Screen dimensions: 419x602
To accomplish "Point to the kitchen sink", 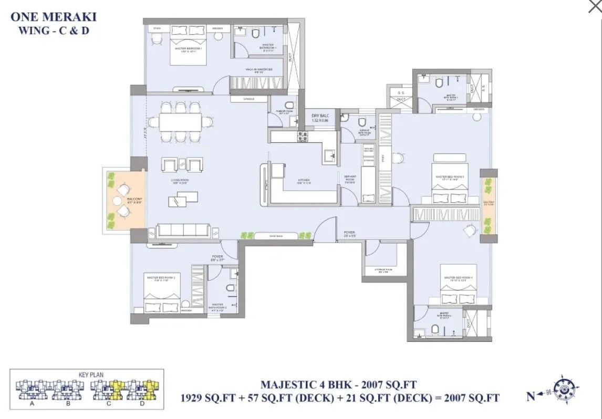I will coord(329,156).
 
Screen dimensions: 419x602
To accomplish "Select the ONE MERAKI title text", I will coord(54,16).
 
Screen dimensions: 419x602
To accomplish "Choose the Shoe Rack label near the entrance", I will coord(276,236).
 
